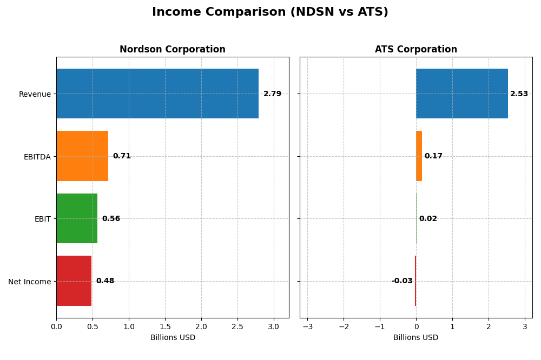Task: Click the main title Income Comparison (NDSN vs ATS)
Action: pos(270,12)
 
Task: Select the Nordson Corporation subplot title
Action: pos(172,49)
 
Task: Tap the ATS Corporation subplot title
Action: pos(415,49)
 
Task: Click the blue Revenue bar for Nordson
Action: pos(157,94)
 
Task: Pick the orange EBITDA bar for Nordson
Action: pos(82,156)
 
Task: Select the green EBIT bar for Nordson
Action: pos(77,218)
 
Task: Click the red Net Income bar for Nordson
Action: pos(74,281)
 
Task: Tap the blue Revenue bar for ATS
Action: pos(461,94)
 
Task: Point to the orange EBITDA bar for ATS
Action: pos(419,156)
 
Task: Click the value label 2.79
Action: pos(272,94)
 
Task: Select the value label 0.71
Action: pos(122,156)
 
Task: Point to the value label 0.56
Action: pos(111,219)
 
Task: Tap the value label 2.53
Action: pos(519,94)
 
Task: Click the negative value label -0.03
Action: pos(402,281)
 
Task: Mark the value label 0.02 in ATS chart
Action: pos(428,219)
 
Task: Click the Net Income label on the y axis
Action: pos(29,282)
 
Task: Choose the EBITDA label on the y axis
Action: pos(37,157)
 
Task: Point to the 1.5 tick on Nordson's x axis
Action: pos(165,326)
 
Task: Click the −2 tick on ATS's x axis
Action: pos(344,326)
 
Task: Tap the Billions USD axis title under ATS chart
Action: pos(415,338)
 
